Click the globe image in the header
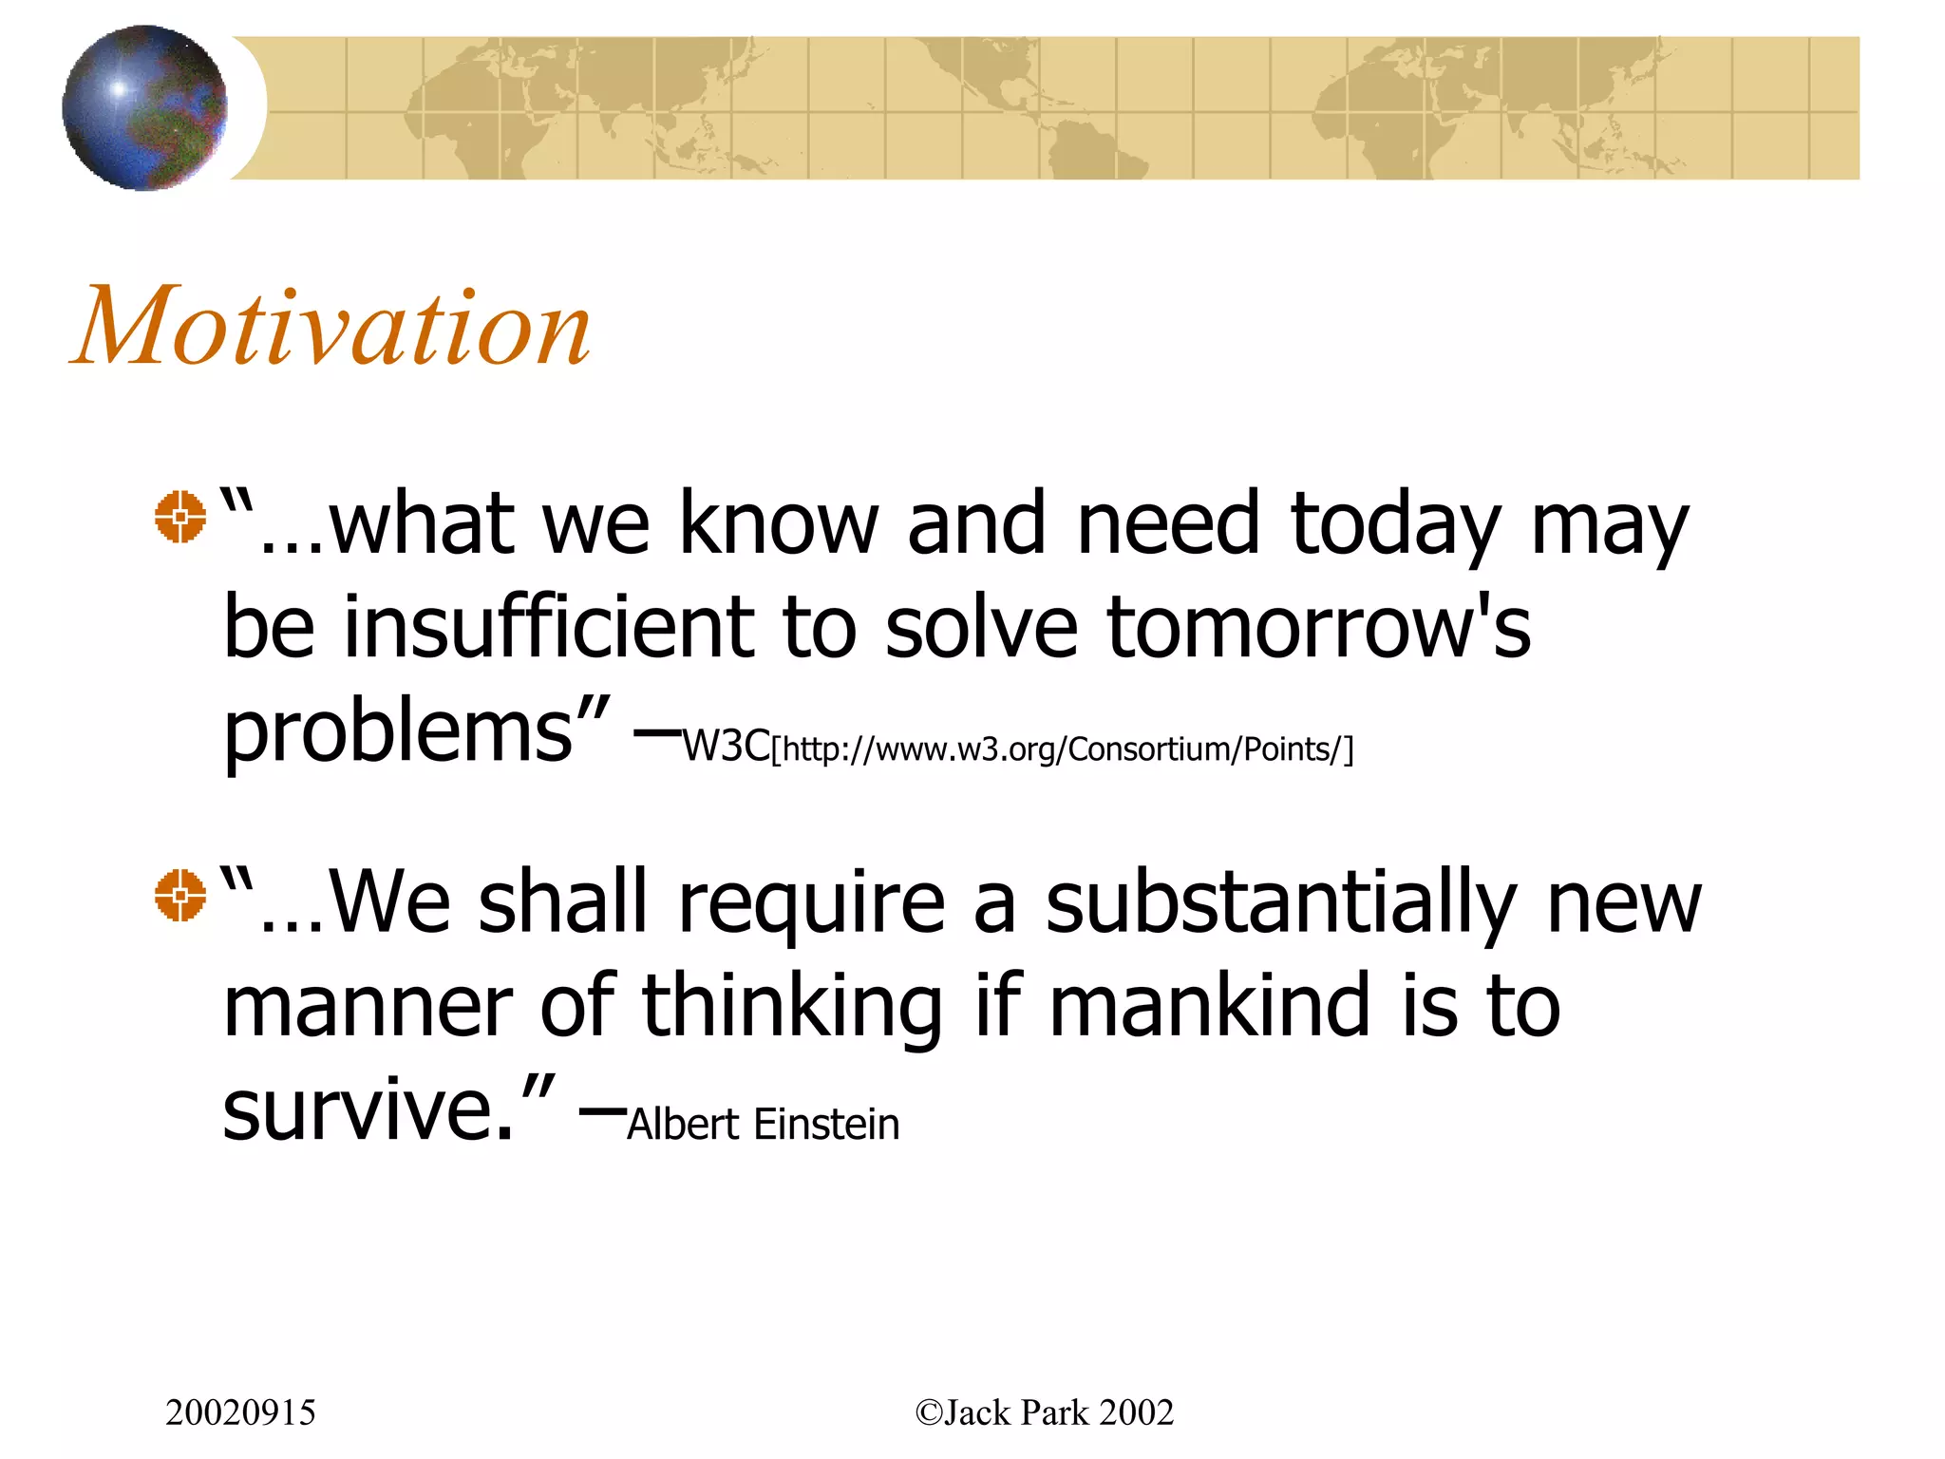pos(144,107)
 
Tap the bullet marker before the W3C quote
pos(179,517)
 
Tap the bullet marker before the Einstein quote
pos(179,895)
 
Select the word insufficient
pos(549,627)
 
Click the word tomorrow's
pos(1318,627)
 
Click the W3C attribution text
pos(727,747)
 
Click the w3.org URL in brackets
pos(1062,749)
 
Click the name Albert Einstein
pos(763,1125)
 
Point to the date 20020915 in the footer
pos(240,1412)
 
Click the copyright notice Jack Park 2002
pos(1044,1412)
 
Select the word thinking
pos(791,1008)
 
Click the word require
pos(811,904)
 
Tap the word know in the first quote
pos(779,524)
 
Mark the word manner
pos(368,1008)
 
